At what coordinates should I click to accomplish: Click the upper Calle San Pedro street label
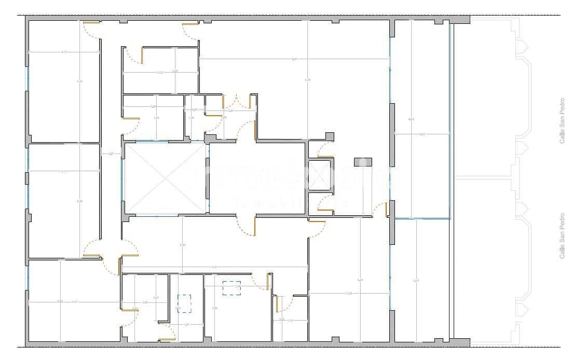click(x=562, y=121)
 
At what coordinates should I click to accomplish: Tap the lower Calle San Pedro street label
click(x=562, y=236)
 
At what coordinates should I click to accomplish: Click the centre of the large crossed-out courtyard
click(x=165, y=178)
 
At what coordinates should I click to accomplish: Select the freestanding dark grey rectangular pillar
click(x=363, y=162)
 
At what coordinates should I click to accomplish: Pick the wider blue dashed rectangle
click(x=231, y=288)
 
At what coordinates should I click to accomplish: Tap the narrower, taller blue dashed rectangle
click(x=184, y=303)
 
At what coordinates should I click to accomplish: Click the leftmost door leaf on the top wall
click(x=92, y=23)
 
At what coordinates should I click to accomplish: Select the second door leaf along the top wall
click(x=190, y=23)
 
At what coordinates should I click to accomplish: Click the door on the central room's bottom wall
click(x=254, y=226)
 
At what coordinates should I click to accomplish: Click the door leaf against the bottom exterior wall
click(x=167, y=339)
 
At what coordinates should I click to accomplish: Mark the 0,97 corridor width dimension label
click(x=111, y=154)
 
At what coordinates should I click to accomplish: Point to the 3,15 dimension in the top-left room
click(x=64, y=52)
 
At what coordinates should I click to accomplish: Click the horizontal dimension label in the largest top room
click(x=294, y=59)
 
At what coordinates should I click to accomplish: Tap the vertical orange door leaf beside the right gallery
click(x=386, y=210)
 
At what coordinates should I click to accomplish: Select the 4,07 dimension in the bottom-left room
click(x=74, y=302)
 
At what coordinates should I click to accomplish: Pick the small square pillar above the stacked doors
click(x=329, y=136)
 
